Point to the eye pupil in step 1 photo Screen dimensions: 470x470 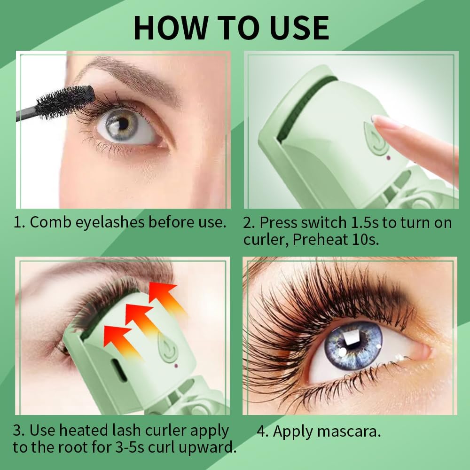tap(123, 123)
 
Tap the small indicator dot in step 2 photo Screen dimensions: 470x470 tap(388, 157)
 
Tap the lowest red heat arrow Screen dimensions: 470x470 tap(116, 337)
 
